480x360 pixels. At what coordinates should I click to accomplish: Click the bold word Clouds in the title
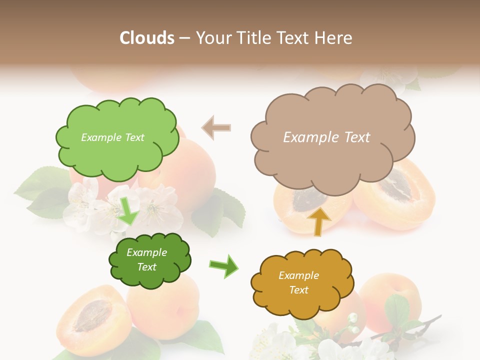click(x=147, y=37)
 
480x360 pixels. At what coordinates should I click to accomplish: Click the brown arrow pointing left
click(x=216, y=127)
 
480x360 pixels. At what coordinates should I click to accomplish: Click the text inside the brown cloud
click(x=326, y=137)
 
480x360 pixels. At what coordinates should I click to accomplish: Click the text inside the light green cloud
click(x=112, y=137)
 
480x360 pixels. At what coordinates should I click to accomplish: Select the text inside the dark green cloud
click(x=146, y=259)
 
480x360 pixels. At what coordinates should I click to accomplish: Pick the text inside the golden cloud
click(x=298, y=282)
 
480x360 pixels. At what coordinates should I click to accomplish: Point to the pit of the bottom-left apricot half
click(x=91, y=316)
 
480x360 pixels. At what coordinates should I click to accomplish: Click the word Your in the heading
click(x=211, y=37)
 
